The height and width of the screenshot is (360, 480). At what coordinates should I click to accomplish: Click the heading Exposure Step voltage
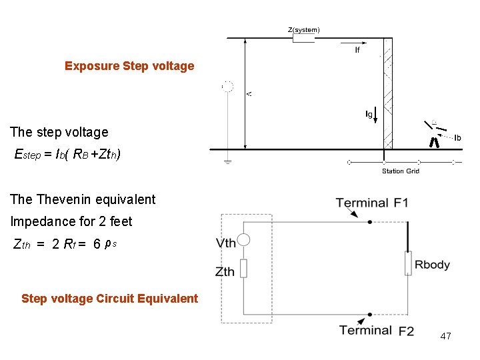(129, 66)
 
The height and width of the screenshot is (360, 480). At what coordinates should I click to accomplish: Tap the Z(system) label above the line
(303, 29)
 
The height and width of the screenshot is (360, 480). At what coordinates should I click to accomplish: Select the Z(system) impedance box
(303, 39)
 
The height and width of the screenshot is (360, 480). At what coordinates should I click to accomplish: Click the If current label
(357, 50)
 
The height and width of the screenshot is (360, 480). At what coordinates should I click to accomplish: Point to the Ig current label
(369, 114)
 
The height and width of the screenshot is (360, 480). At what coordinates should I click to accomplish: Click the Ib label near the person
(457, 138)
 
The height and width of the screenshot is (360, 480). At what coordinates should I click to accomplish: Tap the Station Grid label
(400, 171)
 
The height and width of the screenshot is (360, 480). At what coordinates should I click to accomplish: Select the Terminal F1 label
(372, 203)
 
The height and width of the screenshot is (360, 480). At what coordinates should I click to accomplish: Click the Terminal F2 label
(376, 330)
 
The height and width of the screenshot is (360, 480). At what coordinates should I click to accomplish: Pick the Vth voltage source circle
(243, 241)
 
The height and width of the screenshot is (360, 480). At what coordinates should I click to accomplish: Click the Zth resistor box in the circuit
(243, 269)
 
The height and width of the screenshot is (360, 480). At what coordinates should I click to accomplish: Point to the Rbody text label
(432, 265)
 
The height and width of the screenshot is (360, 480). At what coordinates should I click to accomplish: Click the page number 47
(445, 336)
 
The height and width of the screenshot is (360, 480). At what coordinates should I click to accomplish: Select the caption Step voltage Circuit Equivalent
(110, 298)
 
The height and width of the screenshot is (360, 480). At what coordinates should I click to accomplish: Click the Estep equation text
(67, 155)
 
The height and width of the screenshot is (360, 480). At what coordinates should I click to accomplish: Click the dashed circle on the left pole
(228, 86)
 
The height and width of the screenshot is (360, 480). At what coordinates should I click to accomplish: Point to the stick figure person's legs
(434, 142)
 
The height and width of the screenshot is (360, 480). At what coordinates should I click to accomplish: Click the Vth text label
(226, 243)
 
